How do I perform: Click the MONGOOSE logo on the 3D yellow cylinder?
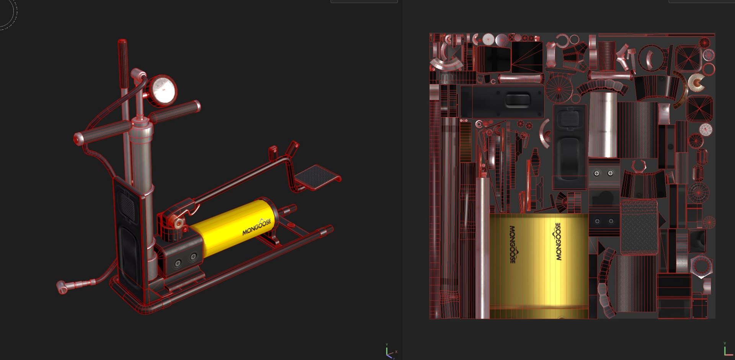click(257, 227)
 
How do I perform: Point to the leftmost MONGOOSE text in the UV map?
click(513, 244)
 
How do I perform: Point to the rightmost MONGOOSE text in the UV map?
click(558, 241)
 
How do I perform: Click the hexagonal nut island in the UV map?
click(701, 265)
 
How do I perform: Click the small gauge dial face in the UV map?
click(706, 129)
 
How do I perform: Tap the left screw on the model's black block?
click(178, 263)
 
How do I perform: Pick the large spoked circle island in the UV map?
click(559, 89)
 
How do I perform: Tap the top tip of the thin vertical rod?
click(122, 41)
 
